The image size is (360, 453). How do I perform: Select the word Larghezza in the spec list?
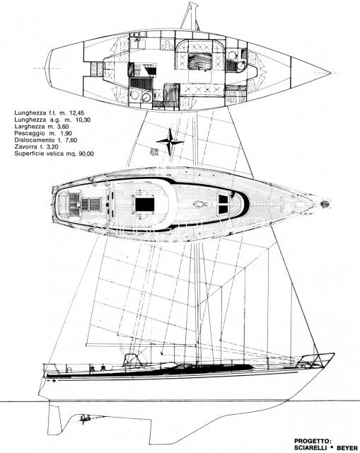tap(30, 126)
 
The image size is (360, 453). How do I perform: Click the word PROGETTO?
tap(313, 441)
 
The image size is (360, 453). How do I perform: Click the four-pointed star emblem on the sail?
tap(170, 142)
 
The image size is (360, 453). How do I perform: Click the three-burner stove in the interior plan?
tap(167, 45)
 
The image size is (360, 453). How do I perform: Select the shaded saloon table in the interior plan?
tap(200, 61)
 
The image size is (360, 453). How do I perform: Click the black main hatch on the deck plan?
tap(144, 205)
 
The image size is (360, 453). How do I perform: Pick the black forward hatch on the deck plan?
tap(223, 205)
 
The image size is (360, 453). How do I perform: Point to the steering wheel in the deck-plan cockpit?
tap(79, 205)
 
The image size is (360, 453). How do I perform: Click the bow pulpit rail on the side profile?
tap(317, 359)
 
